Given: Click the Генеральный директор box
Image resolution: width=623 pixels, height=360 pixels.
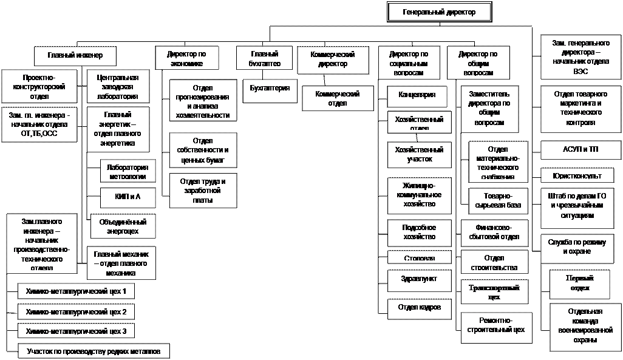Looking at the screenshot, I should pos(438,12).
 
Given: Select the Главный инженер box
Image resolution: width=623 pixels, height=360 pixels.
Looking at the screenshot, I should pos(75,55).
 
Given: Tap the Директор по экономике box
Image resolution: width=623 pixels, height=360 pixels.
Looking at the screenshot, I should pos(185,58).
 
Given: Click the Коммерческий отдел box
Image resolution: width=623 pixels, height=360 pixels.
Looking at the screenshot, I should pos(337,98).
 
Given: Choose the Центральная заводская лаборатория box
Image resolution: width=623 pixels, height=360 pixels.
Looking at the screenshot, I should pos(118,87).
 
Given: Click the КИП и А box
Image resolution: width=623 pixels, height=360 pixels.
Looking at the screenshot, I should pos(128,198).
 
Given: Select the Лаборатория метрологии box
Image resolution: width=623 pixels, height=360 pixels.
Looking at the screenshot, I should pos(128,171).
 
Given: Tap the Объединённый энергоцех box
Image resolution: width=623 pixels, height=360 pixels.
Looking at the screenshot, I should pos(123,226).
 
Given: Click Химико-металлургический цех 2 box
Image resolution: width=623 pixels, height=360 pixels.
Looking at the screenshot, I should pos(76,312).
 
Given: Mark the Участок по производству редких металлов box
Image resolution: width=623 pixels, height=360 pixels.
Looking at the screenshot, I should pos(94,351).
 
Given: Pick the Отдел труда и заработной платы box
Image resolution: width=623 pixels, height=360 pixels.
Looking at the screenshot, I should pos(203,191).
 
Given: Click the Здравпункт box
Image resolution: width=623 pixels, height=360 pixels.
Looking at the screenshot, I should pos(420,280).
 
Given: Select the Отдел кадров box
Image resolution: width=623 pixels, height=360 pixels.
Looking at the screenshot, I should pos(420,308).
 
